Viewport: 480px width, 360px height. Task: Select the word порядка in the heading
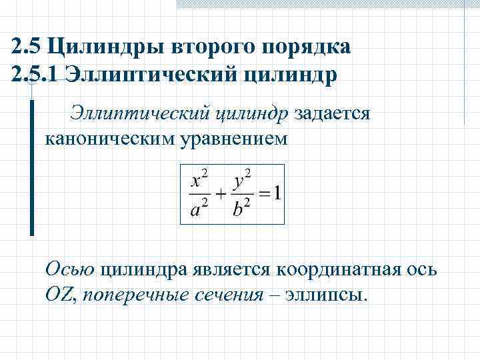point(311,47)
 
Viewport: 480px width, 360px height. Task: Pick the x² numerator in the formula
point(199,179)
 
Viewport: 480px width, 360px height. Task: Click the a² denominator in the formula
point(199,209)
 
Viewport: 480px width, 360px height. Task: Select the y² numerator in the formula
point(241,179)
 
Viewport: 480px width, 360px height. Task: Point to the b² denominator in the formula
point(241,209)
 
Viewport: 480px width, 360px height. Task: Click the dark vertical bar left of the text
point(31,167)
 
